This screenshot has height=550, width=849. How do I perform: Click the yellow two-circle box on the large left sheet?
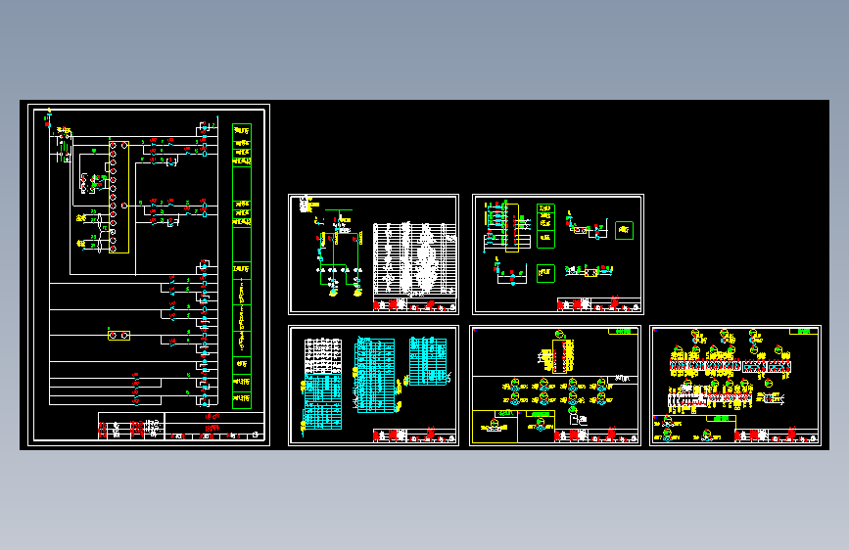(x=118, y=336)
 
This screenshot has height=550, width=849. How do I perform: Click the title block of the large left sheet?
(x=181, y=427)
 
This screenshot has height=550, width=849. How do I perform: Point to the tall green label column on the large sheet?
(x=241, y=264)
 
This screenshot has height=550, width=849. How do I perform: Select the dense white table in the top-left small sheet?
(x=414, y=258)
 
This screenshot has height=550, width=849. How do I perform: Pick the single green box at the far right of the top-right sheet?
(x=623, y=231)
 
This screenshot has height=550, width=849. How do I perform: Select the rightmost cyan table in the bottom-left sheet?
(x=426, y=361)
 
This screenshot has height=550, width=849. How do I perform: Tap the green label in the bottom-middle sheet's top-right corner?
(x=623, y=332)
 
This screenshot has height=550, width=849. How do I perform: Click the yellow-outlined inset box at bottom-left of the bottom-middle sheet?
(x=496, y=427)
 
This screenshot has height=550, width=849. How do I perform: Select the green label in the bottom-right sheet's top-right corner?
(x=804, y=332)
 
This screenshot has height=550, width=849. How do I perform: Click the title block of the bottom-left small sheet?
(x=414, y=436)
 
